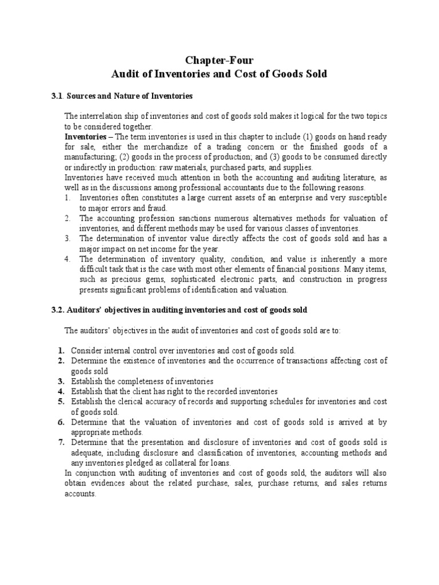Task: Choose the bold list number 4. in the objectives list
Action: pos(61,391)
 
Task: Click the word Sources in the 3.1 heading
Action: pos(81,95)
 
